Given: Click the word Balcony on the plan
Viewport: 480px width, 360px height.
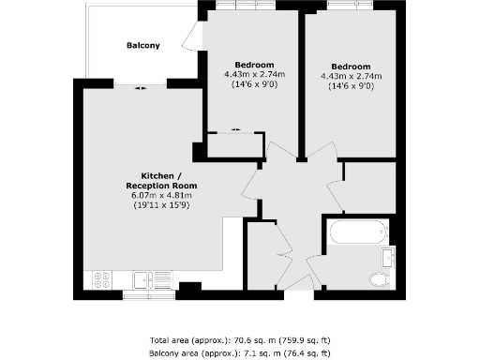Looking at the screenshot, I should [143, 45].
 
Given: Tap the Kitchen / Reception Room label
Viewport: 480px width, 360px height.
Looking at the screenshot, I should [161, 181].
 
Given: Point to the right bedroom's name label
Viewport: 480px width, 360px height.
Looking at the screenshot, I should [350, 66].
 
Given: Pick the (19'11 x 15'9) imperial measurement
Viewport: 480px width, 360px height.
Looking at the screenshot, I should [161, 205].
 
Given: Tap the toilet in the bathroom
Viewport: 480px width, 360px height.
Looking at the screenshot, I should [380, 278].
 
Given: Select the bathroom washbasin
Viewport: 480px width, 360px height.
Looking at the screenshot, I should [388, 256].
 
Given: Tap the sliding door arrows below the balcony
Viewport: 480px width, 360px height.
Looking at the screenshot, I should [140, 87].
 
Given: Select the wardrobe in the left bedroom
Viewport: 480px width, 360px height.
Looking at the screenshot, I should [234, 145].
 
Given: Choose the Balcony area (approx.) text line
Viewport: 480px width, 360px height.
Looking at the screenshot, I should [239, 352].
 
